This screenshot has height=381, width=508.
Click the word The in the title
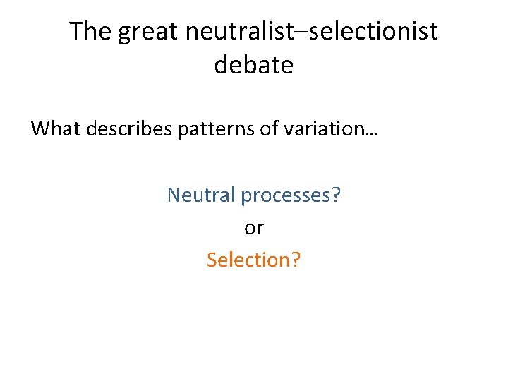(90, 32)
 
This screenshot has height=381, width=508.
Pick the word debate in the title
(253, 65)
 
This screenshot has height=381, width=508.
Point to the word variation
(322, 129)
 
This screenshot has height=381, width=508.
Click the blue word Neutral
(200, 195)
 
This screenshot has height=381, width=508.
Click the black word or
(253, 229)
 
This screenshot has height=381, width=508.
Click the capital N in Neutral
(174, 195)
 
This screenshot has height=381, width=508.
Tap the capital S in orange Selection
(212, 260)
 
